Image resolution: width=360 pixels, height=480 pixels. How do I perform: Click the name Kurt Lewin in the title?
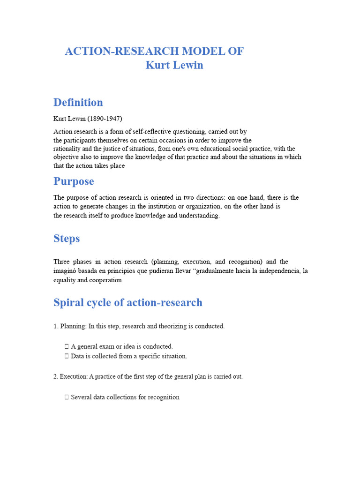pyautogui.click(x=174, y=65)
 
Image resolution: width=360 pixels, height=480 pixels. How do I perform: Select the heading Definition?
pyautogui.click(x=78, y=102)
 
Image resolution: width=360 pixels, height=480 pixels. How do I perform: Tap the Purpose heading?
pyautogui.click(x=74, y=181)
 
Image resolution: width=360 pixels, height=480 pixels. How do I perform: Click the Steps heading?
pyautogui.click(x=67, y=239)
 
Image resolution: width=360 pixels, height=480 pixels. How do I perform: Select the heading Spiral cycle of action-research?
pyautogui.click(x=127, y=302)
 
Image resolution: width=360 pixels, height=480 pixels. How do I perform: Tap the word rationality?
pyautogui.click(x=67, y=149)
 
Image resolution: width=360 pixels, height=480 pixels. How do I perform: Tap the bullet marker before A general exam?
pyautogui.click(x=67, y=347)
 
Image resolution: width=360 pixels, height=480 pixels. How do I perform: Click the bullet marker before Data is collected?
pyautogui.click(x=67, y=356)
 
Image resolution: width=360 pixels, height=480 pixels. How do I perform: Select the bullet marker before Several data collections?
pyautogui.click(x=67, y=397)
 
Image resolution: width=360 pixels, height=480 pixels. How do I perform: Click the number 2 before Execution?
pyautogui.click(x=55, y=377)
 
